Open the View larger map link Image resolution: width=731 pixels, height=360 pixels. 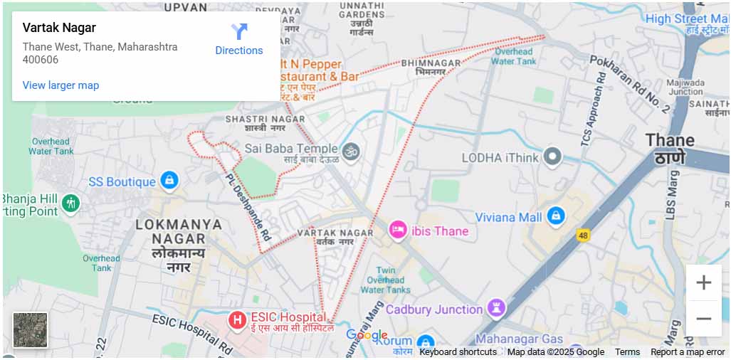coord(61,85)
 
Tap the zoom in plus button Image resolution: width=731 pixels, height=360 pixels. coord(703,282)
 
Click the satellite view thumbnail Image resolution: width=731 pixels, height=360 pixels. coord(30,330)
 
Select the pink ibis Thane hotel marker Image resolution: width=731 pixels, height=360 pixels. coord(398,231)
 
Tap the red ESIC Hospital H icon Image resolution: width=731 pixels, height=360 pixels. coord(237,321)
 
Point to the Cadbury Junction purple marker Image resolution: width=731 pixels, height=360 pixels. coord(496,309)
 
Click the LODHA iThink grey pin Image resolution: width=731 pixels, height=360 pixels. coord(552,157)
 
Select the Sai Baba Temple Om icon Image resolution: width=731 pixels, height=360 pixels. coord(350,151)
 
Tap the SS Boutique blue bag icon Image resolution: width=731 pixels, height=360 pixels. coord(169,181)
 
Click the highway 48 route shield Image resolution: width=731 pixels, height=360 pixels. coord(584,235)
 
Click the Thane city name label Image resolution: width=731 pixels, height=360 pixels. coord(669,140)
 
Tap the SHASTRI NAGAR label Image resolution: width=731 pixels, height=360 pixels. coord(265,119)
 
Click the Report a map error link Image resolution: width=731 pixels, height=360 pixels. coord(687,352)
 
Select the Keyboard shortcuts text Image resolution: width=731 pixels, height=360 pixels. coord(458,352)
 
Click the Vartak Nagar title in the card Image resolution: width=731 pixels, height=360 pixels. coord(59,28)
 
